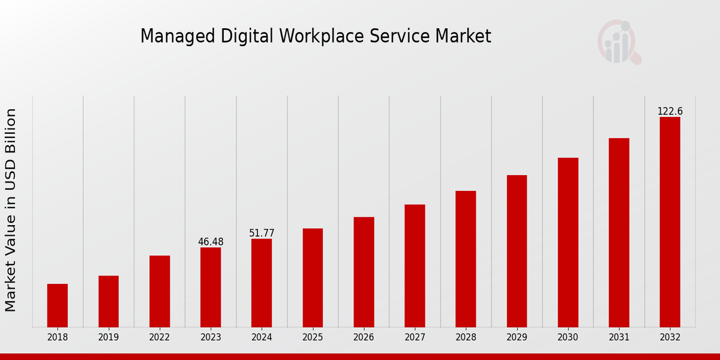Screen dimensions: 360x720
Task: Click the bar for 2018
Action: pyautogui.click(x=58, y=305)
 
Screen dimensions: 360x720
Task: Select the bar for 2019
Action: pyautogui.click(x=109, y=301)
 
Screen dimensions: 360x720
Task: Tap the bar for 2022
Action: pyautogui.click(x=160, y=291)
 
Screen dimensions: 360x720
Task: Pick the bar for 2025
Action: pyautogui.click(x=313, y=278)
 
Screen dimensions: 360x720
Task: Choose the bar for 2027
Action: pyautogui.click(x=415, y=266)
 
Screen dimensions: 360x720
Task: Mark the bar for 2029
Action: pyautogui.click(x=517, y=251)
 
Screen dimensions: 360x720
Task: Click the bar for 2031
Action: pyautogui.click(x=619, y=232)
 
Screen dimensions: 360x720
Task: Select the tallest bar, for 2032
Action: pyautogui.click(x=670, y=222)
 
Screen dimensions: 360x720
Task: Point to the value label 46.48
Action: pyautogui.click(x=211, y=242)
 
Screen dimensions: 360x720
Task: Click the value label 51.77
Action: pyautogui.click(x=262, y=233)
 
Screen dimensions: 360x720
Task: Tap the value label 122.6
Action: pyautogui.click(x=670, y=112)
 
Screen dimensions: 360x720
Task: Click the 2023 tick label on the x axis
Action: pyautogui.click(x=211, y=338)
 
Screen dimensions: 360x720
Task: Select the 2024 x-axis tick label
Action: pyautogui.click(x=262, y=338)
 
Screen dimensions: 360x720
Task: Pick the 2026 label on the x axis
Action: pyautogui.click(x=364, y=338)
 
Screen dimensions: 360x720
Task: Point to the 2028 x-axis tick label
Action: pyautogui.click(x=466, y=338)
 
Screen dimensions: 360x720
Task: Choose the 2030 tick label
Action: pyautogui.click(x=568, y=338)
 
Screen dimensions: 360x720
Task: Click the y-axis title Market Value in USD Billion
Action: pyautogui.click(x=11, y=210)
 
